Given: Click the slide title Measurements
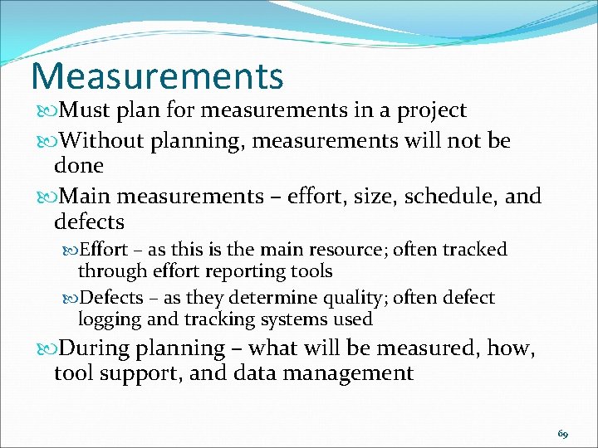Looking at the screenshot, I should point(157,75).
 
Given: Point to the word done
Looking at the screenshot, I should point(78,166).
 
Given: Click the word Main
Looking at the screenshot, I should point(87,197).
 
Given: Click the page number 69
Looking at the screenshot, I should point(563,434).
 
